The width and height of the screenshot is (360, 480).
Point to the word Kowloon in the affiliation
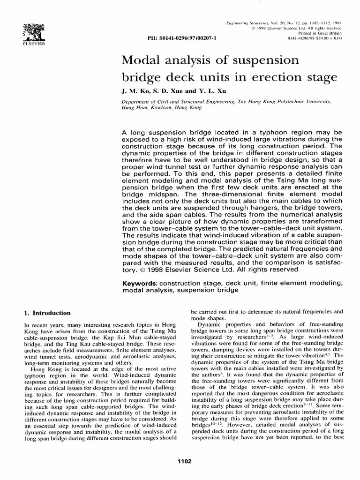point(161,107)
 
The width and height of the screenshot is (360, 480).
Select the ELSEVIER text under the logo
point(19,43)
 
